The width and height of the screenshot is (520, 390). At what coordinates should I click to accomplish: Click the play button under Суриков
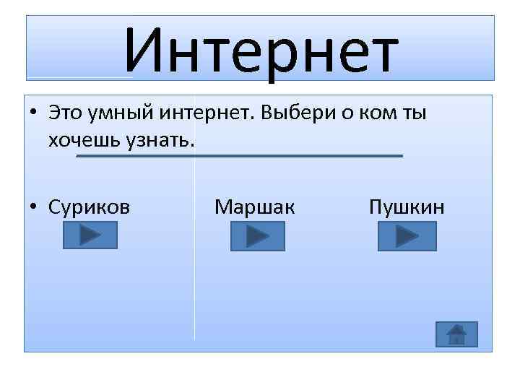coord(87,235)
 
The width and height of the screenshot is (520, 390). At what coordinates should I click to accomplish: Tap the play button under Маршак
coord(258,235)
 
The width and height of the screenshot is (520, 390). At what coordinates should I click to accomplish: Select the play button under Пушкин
coord(407,235)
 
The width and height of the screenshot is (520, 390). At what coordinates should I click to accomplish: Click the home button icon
coord(456,334)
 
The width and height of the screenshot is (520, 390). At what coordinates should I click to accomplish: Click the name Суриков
coord(90,207)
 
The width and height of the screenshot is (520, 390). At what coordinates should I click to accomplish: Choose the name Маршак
coord(254,207)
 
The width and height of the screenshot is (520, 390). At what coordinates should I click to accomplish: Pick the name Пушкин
coord(407,207)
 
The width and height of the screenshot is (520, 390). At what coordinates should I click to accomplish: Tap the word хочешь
coord(79,139)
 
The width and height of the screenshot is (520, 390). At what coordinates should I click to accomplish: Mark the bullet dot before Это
coord(35,114)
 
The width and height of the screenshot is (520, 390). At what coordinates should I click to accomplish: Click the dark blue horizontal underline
coord(238,155)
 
